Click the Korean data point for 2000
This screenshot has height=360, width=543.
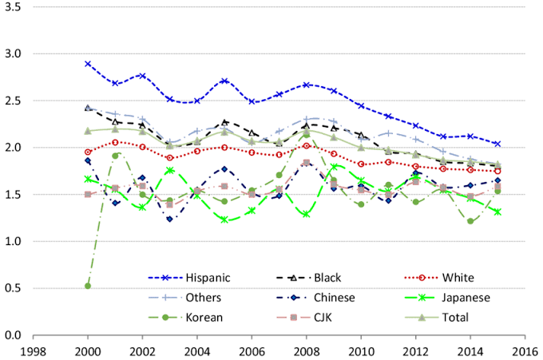(x=88, y=285)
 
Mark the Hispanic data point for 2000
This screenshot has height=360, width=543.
(x=88, y=64)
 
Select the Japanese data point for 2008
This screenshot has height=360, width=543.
(x=306, y=214)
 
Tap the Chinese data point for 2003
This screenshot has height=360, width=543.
(x=169, y=219)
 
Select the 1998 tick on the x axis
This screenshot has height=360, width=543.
(x=34, y=350)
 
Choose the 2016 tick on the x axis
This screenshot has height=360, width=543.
(x=524, y=350)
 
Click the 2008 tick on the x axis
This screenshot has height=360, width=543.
(x=306, y=350)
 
